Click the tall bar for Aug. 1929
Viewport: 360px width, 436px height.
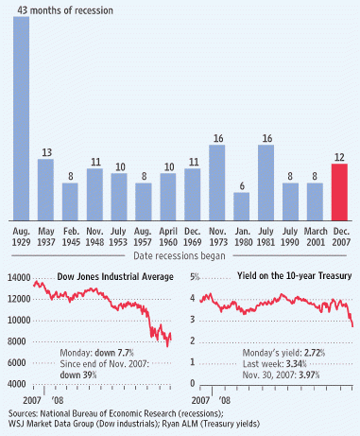[x=21, y=118]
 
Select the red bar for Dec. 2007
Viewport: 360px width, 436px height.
[x=339, y=192]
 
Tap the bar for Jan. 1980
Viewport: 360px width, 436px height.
[x=242, y=206]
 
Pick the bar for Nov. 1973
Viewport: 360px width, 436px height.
[x=217, y=183]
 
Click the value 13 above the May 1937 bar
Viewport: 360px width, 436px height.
[x=46, y=153]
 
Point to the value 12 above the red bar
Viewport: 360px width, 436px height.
[x=339, y=157]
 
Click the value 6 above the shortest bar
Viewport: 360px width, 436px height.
[x=242, y=186]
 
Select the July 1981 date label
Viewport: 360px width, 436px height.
[x=266, y=236]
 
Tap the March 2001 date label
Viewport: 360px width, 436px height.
[x=316, y=236]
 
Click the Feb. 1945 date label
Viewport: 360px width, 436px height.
[x=71, y=236]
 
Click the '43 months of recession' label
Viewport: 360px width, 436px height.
[x=65, y=10]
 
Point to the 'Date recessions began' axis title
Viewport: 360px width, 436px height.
[x=180, y=255]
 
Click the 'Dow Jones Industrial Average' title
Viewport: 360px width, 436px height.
[x=115, y=277]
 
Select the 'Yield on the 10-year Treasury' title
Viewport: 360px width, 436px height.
[x=295, y=276]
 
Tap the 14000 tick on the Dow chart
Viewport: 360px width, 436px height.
[x=19, y=278]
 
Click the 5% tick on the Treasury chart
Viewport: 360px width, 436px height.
[x=195, y=277]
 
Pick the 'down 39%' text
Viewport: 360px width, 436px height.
[x=78, y=375]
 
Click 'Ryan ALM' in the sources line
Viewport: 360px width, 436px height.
[x=180, y=424]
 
